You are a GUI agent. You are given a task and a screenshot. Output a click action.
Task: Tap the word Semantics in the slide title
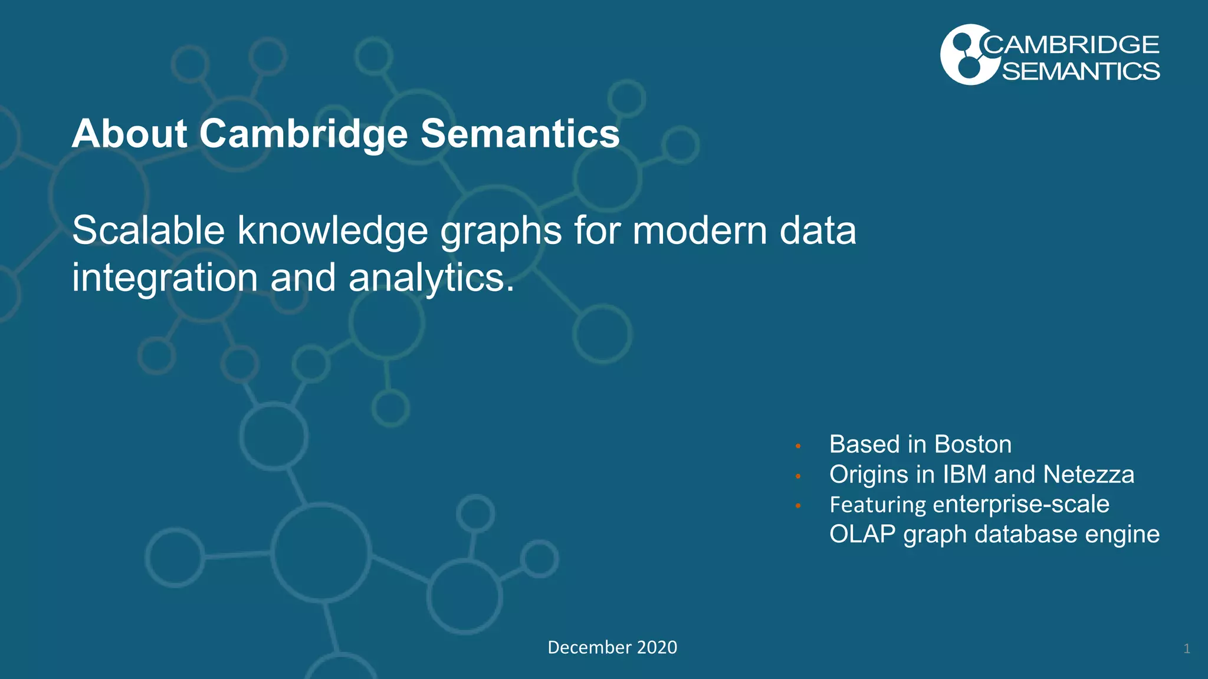point(520,134)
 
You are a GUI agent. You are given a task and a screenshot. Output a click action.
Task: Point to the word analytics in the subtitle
point(431,278)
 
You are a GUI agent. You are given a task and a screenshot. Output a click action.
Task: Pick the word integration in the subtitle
point(165,278)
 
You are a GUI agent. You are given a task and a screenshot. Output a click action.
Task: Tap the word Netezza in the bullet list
point(1088,474)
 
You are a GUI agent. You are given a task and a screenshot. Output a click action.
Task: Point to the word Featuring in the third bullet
point(878,505)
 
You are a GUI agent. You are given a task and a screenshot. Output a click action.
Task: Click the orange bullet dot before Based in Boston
point(798,446)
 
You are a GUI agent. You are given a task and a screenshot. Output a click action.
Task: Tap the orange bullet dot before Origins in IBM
point(798,476)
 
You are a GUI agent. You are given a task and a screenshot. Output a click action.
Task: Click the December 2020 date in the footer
point(612,647)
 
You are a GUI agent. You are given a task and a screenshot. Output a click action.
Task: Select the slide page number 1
point(1187,649)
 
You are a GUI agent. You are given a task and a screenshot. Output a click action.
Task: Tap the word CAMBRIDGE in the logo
point(1071,45)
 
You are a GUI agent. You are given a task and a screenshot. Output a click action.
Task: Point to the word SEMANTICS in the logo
point(1081,71)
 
